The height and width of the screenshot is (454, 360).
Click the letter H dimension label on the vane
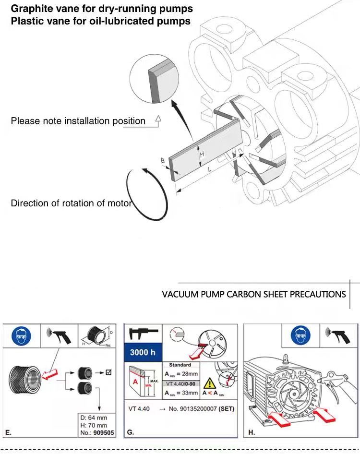click(202, 154)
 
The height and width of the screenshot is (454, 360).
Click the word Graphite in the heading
click(30, 9)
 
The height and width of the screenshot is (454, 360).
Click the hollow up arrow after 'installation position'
click(158, 120)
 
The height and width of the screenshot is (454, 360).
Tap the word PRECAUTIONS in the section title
click(315, 294)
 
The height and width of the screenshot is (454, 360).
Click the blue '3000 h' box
click(143, 352)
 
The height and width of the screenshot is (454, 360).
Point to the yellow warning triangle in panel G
click(209, 382)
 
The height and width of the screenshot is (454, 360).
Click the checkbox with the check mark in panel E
click(108, 371)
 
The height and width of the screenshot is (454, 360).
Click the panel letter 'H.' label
click(252, 432)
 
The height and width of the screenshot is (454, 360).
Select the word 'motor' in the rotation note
click(120, 203)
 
